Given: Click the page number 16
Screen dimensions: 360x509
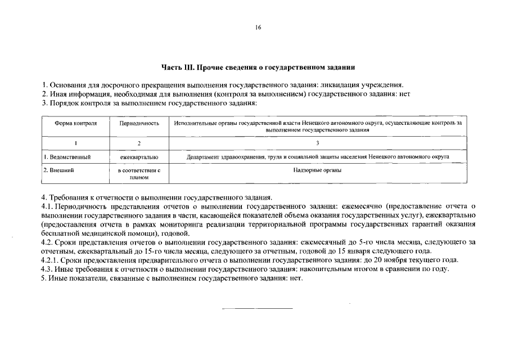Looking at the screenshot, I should (x=258, y=27).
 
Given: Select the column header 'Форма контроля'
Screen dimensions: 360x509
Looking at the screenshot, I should (x=75, y=123).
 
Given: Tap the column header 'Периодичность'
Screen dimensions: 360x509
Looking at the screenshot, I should (x=139, y=123).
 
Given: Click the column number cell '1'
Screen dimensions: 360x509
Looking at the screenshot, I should (x=75, y=143).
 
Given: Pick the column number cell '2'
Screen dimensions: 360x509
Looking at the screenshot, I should (x=139, y=143).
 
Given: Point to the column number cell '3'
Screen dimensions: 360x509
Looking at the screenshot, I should (x=317, y=143).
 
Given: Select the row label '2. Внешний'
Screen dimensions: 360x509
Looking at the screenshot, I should (x=59, y=169).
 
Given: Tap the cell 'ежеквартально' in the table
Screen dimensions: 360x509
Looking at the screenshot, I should (x=139, y=157).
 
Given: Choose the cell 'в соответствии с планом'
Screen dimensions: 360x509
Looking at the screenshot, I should (x=139, y=173).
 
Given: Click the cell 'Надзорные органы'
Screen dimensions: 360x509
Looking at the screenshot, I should (x=317, y=169).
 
